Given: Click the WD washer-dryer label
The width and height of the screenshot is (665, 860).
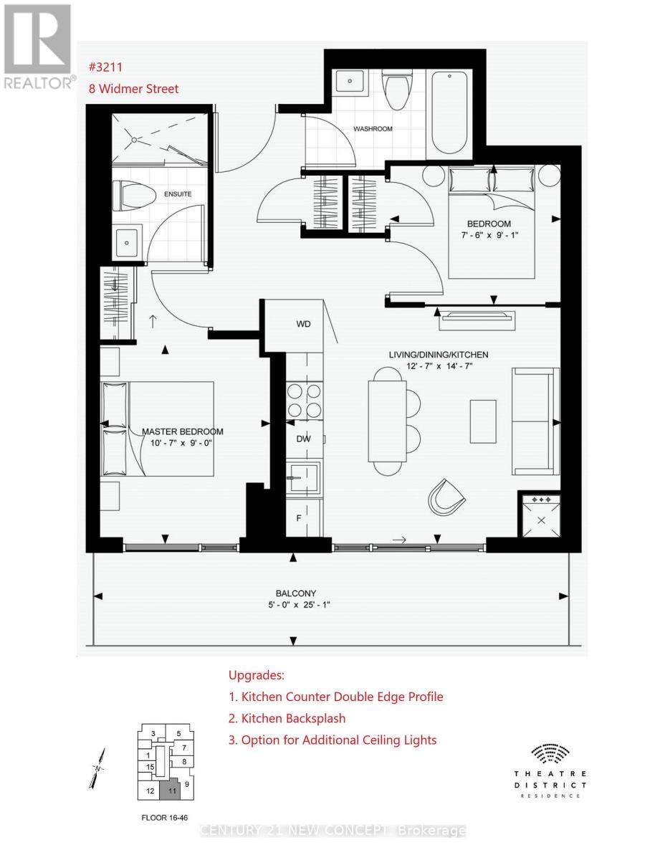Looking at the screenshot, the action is [x=303, y=324].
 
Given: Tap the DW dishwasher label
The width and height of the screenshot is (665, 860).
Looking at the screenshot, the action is [x=303, y=439].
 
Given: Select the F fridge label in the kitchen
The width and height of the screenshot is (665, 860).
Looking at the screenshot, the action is [x=299, y=517].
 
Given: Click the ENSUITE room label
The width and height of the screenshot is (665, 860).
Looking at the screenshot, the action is [x=178, y=194].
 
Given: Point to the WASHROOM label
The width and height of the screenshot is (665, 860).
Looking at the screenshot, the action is [x=373, y=128].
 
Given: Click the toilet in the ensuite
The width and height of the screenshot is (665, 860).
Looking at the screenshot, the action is [x=133, y=196].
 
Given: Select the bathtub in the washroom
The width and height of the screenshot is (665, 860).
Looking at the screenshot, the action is [x=449, y=113].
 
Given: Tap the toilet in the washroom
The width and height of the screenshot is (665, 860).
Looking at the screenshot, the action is [x=397, y=90].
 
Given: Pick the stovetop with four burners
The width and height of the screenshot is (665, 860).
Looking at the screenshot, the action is [x=304, y=400].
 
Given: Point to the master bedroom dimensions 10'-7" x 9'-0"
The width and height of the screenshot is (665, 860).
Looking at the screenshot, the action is [x=181, y=443].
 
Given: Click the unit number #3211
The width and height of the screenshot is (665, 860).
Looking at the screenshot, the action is [x=105, y=67].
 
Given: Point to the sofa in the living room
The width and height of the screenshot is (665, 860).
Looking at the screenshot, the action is [x=535, y=421].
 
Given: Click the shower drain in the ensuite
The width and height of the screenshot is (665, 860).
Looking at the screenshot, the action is [x=134, y=140].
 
